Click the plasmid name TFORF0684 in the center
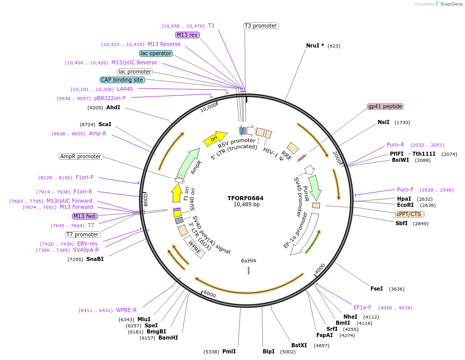click(x=246, y=198)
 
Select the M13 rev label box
click(x=187, y=35)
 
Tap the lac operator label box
click(x=156, y=53)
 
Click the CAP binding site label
click(x=123, y=80)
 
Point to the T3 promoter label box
click(x=261, y=26)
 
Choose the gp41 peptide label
click(x=385, y=107)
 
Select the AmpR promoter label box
click(x=81, y=156)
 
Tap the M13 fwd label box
click(x=84, y=216)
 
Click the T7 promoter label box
click(x=82, y=234)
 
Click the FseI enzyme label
click(x=377, y=289)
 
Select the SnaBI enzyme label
click(x=95, y=259)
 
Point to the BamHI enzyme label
click(x=168, y=338)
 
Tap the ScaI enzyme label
click(x=105, y=124)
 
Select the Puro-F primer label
click(x=406, y=190)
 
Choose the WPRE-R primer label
click(x=126, y=310)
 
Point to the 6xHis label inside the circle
click(x=249, y=261)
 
